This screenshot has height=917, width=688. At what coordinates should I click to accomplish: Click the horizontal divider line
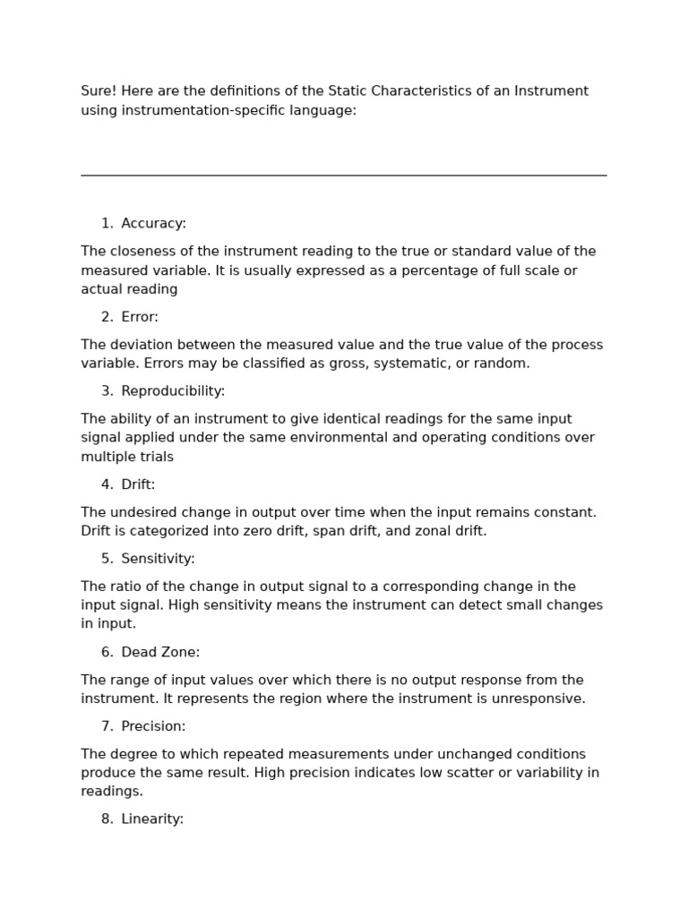pyautogui.click(x=344, y=176)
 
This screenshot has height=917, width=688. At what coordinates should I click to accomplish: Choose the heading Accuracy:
pyautogui.click(x=154, y=224)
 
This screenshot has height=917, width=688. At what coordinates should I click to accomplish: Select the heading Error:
pyautogui.click(x=140, y=317)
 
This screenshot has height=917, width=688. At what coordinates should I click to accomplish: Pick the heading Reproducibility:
pyautogui.click(x=173, y=391)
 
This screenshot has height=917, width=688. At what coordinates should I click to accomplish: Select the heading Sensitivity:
pyautogui.click(x=158, y=559)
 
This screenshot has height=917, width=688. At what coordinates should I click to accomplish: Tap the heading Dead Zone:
pyautogui.click(x=160, y=653)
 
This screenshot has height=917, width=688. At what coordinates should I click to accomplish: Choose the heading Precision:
pyautogui.click(x=153, y=726)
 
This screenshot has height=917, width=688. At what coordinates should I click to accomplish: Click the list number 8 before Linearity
pyautogui.click(x=107, y=819)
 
